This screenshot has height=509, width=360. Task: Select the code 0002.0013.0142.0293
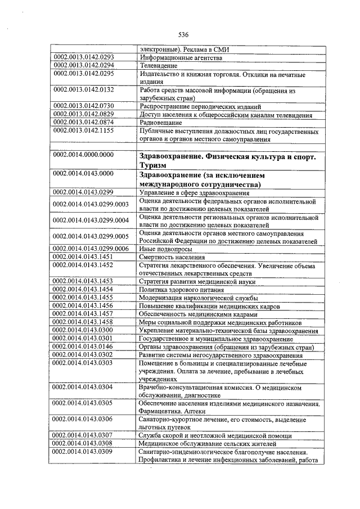click(84, 57)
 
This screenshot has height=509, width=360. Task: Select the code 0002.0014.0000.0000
click(84, 154)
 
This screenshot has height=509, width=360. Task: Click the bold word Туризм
click(154, 164)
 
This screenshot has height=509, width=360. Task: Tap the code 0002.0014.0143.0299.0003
click(91, 204)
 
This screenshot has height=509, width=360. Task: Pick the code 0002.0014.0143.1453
click(84, 281)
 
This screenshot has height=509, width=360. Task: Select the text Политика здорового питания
click(181, 289)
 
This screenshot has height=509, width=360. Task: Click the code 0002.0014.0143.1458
click(84, 322)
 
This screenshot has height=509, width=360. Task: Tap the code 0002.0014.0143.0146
click(84, 346)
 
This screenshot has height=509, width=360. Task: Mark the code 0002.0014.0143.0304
click(84, 388)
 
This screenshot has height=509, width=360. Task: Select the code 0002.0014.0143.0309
click(84, 452)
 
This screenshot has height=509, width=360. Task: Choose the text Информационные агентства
click(174, 57)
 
